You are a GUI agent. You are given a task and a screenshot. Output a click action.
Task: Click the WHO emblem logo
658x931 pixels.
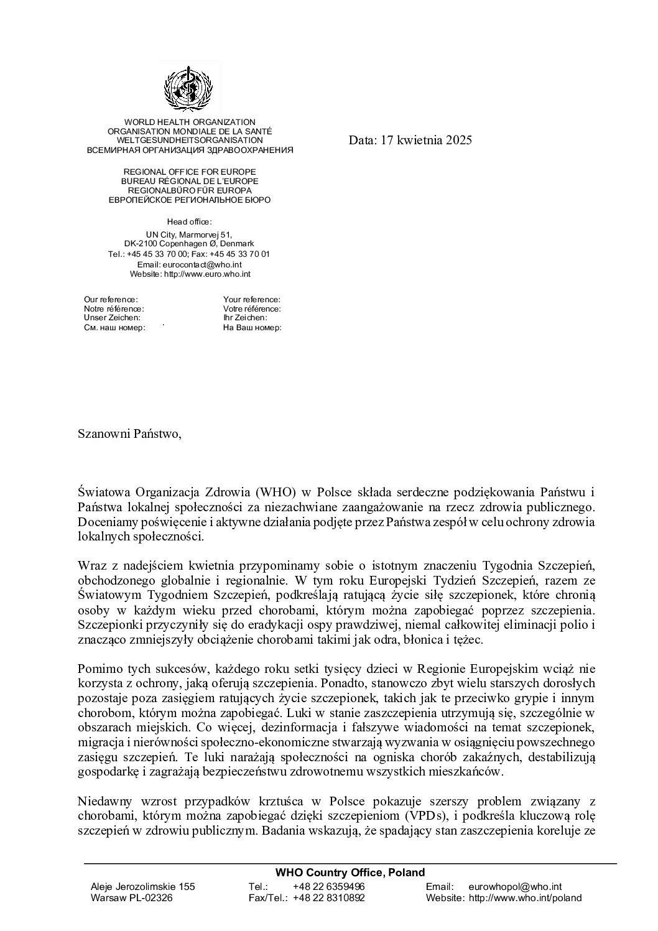[x=189, y=89]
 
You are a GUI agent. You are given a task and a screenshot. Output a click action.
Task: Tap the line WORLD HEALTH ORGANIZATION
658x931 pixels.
[x=190, y=123]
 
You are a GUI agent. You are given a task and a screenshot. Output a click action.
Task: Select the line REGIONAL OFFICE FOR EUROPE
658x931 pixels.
[x=190, y=172]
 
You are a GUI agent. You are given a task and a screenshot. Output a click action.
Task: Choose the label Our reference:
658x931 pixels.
[x=111, y=300]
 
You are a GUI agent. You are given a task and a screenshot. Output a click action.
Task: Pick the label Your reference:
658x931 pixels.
[x=251, y=300]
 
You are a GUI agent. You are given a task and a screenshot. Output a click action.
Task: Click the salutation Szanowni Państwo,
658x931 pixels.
[x=130, y=433]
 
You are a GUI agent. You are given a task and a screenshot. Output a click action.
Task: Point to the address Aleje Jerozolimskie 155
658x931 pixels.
[x=142, y=886]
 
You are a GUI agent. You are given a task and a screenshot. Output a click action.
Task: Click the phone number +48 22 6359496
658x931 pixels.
[x=328, y=886]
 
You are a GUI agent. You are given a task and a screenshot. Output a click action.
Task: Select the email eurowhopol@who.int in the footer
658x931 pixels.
[x=515, y=886]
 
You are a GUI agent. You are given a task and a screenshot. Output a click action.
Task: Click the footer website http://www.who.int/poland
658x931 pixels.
[x=525, y=898]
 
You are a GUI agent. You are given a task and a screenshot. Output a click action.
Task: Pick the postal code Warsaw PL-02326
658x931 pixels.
[x=131, y=898]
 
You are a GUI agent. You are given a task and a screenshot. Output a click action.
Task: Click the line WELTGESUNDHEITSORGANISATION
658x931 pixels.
[x=190, y=141]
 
